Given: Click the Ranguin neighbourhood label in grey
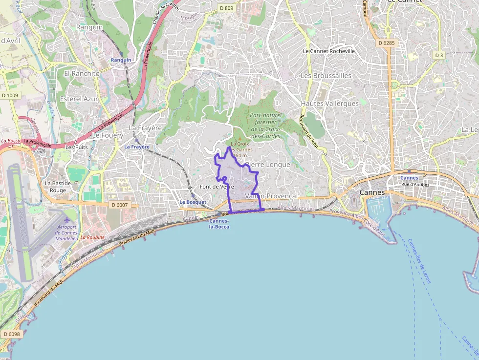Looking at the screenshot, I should point(89,27).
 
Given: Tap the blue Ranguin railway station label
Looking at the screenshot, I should point(121,60).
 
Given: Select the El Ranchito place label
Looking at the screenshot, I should point(82,73).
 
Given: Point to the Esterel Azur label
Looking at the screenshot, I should point(79,99).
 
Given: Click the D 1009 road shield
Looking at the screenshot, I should point(9,95).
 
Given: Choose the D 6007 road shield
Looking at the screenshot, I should point(119,205).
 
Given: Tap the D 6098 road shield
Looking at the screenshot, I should point(11,334).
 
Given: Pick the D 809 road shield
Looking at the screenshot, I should point(226,8).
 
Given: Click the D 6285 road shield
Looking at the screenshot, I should point(386,43).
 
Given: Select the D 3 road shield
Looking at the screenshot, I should point(439,55).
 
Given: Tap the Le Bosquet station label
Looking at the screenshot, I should point(193,202).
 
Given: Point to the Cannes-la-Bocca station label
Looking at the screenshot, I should point(218,224).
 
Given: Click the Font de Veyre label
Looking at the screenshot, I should point(217,187).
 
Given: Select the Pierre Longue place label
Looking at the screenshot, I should point(267,165).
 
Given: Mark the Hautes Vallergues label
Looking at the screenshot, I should point(329,104).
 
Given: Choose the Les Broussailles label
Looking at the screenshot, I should point(326,76).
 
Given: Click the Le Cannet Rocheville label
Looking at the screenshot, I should point(328,51).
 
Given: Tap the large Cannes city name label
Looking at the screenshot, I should point(372,192).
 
